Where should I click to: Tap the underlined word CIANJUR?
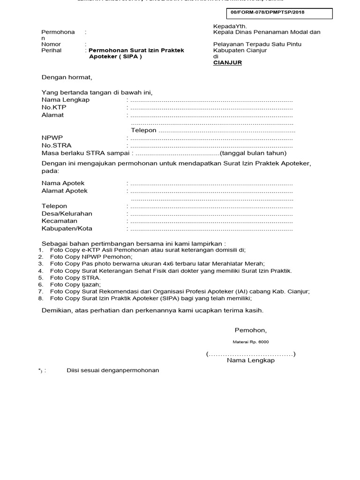pos(227,62)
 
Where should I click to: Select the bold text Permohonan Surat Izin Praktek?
pos(136,50)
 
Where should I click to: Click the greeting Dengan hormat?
pos(67,77)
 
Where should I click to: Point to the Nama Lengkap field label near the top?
pos(65,100)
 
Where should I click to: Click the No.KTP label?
pos(54,107)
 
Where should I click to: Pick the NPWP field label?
pos(52,138)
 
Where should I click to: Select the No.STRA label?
pos(56,145)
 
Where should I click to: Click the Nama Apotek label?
pos(63,183)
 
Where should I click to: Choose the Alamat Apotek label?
pos(64,191)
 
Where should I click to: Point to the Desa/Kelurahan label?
pos(67,213)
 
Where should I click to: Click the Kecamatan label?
pos(59,221)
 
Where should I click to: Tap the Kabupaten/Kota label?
pos(67,228)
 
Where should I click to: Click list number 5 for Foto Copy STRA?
pos(41,277)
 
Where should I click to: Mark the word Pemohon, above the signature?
pos(250,330)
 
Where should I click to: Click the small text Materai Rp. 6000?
pos(251,342)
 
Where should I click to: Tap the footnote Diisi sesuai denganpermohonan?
pos(112,370)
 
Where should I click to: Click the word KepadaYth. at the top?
pos(230,26)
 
